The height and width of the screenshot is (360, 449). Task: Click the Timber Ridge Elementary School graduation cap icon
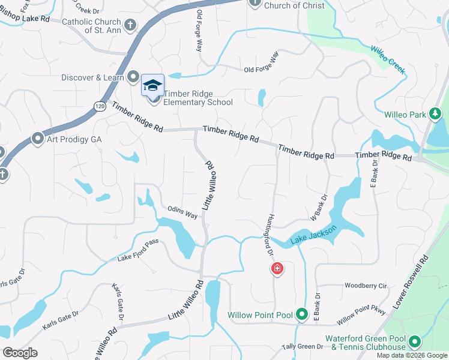(152, 84)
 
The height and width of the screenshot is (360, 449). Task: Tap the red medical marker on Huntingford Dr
(277, 268)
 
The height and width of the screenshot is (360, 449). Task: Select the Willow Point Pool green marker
(302, 314)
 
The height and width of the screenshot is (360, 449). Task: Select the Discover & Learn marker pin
(134, 77)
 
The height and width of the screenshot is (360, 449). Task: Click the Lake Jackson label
(313, 235)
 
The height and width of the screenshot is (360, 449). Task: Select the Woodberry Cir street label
(365, 286)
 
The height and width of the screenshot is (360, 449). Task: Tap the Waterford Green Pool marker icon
(414, 343)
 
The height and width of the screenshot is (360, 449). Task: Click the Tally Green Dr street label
(303, 346)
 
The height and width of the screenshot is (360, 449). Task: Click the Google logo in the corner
(20, 352)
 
